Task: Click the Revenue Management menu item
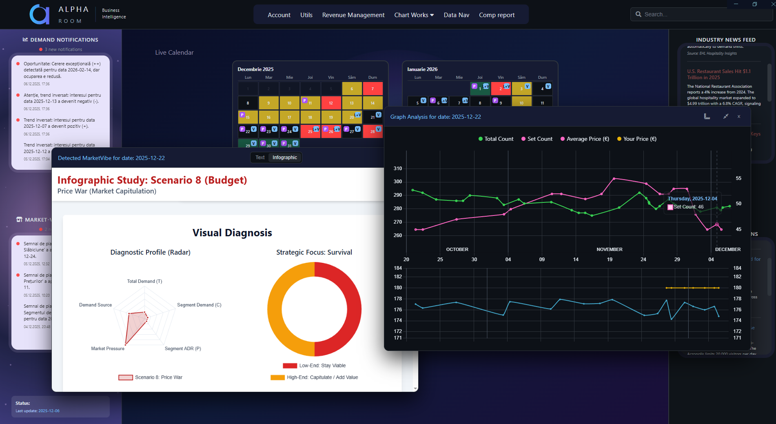pos(353,15)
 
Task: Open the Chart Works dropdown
pos(414,15)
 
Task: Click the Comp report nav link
pos(497,15)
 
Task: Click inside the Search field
pos(702,14)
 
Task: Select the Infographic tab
pos(284,158)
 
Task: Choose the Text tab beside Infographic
pos(260,158)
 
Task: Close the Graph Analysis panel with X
pos(738,117)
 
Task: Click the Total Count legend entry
pos(496,139)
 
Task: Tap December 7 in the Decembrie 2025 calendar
pos(372,89)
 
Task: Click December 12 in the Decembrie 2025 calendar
pos(331,103)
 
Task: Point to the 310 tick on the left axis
pos(397,169)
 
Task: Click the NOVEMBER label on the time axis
pos(609,249)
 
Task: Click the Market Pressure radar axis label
pos(108,349)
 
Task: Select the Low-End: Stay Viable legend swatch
pos(290,366)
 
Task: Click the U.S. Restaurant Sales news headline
pos(718,74)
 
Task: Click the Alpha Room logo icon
pos(40,15)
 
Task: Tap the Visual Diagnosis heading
pos(232,233)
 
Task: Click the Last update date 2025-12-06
pos(49,411)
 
